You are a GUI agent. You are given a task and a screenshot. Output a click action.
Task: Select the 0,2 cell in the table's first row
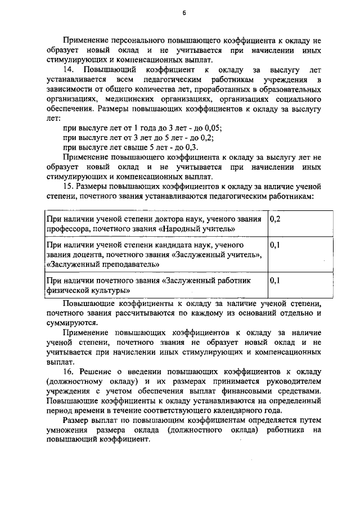(x=275, y=219)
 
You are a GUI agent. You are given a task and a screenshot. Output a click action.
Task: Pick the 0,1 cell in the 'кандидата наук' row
(x=275, y=246)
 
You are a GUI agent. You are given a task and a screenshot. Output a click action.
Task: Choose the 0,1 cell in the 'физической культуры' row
(x=275, y=280)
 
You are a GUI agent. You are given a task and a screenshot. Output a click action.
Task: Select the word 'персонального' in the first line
(x=135, y=40)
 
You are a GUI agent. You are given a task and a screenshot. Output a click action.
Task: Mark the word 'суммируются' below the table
(x=72, y=323)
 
